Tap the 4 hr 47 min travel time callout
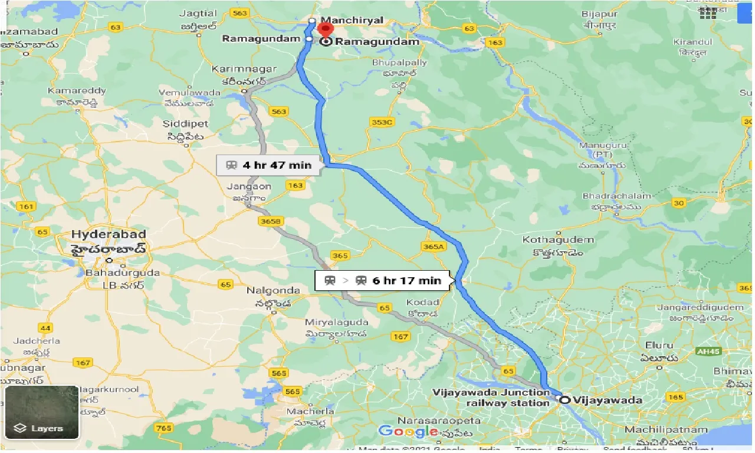pos(270,165)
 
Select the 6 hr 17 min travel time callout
pos(383,281)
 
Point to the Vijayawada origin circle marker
pos(564,400)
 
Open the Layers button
pos(41,413)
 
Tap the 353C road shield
pos(382,122)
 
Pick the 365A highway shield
pos(433,247)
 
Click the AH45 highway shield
pos(709,350)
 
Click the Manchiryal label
pos(353,20)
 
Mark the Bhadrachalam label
pos(617,196)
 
